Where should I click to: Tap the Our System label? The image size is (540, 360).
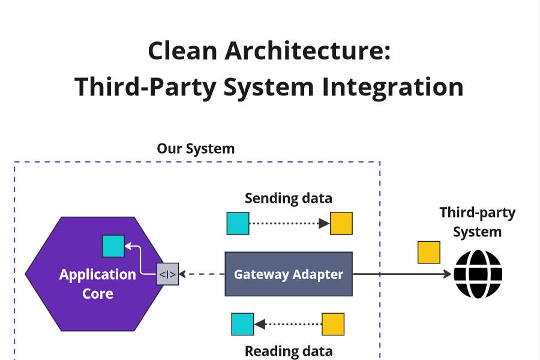pos(196,148)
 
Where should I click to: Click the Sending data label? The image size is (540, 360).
pos(288,198)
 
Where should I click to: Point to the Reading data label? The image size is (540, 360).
pos(288,351)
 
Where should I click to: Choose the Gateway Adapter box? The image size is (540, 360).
pos(288,274)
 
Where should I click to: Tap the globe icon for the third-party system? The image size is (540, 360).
pos(478,274)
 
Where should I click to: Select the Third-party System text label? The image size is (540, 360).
pos(477,222)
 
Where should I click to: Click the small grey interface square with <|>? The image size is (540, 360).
pos(167,274)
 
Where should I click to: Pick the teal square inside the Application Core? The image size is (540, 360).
pos(113,246)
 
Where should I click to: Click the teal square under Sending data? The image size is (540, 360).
pos(238,223)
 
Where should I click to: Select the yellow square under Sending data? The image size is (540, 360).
pos(341,223)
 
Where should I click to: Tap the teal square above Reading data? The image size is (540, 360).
pos(242,324)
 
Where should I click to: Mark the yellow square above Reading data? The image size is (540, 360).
pos(333,324)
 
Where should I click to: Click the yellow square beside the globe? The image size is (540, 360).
pos(428,252)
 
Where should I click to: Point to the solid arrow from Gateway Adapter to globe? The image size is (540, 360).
pos(402,274)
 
